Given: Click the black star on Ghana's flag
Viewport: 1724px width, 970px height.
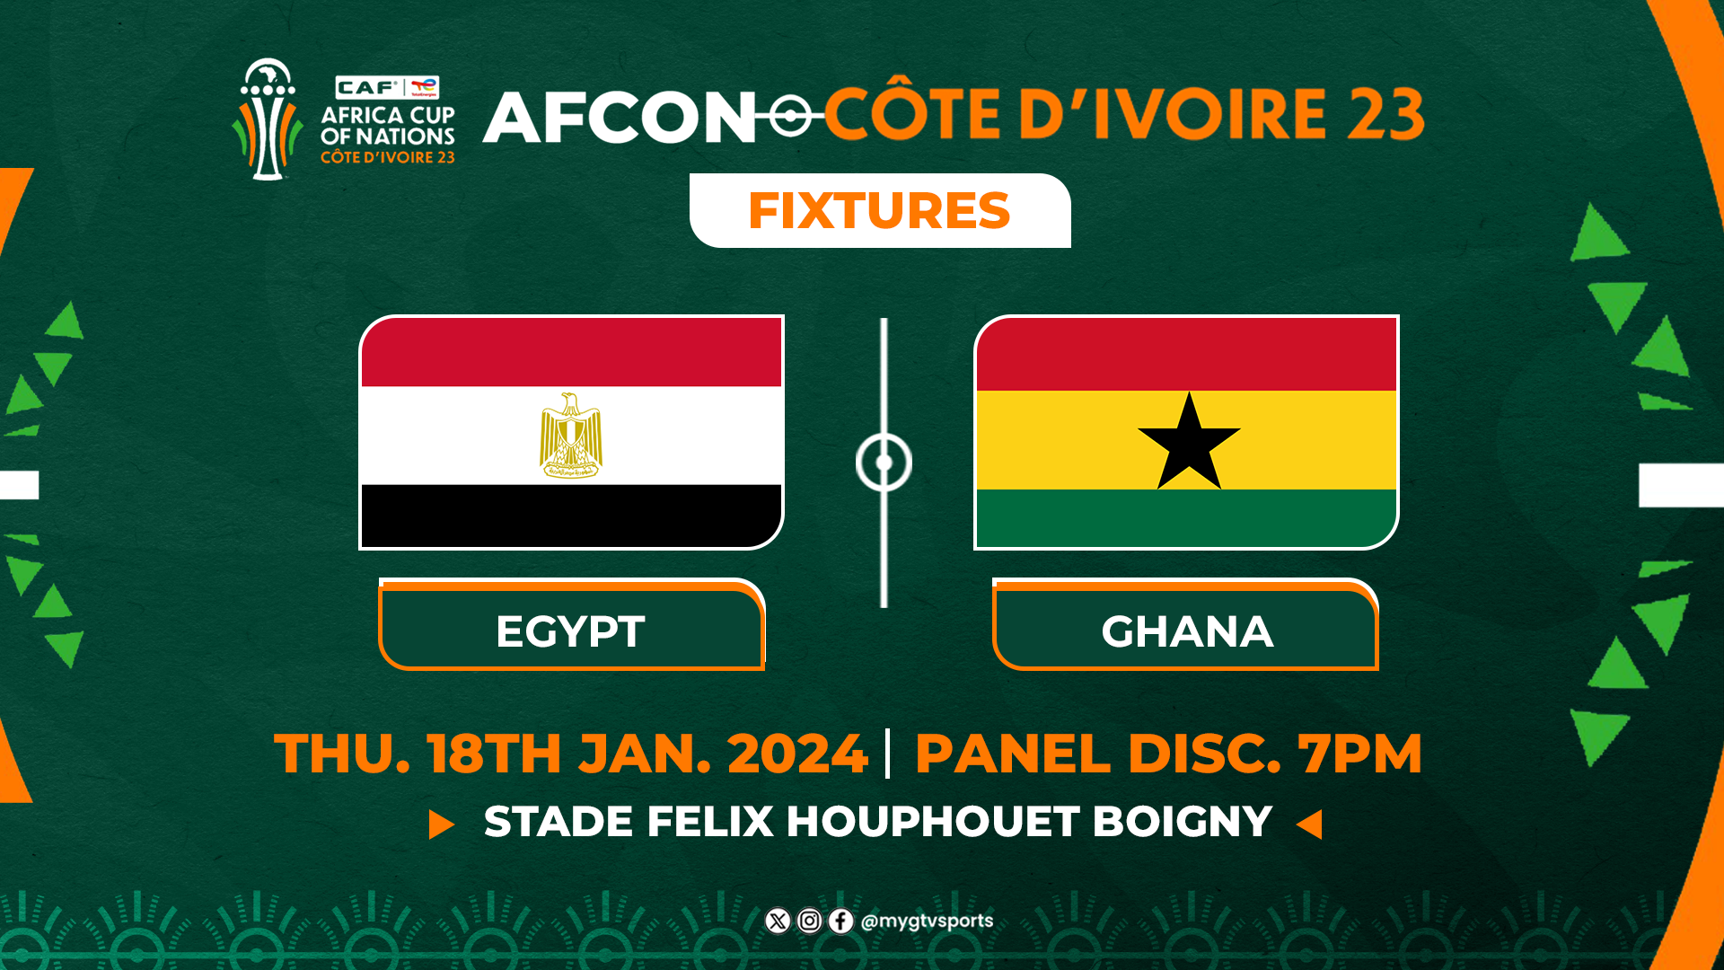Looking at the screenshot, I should point(1189,443).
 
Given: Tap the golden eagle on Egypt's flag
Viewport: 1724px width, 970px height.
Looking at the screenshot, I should point(571,435).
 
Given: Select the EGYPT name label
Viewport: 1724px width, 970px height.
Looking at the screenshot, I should point(571,630).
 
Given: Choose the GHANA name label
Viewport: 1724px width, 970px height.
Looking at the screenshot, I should point(1186,630).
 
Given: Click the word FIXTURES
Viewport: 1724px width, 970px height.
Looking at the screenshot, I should point(879,211).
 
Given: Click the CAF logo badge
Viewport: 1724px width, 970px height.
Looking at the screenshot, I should point(368,87).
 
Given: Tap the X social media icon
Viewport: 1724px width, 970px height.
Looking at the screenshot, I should point(778,921).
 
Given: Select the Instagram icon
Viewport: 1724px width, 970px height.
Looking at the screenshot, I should point(809,921).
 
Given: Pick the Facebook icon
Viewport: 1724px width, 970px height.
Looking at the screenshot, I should point(840,921).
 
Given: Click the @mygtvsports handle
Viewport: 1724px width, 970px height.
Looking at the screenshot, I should point(927,921).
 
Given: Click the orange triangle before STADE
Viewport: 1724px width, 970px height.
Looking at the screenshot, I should point(440,824).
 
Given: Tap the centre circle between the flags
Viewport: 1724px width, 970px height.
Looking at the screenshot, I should point(884,463).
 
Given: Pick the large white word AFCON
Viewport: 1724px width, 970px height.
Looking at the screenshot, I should point(620,118).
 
